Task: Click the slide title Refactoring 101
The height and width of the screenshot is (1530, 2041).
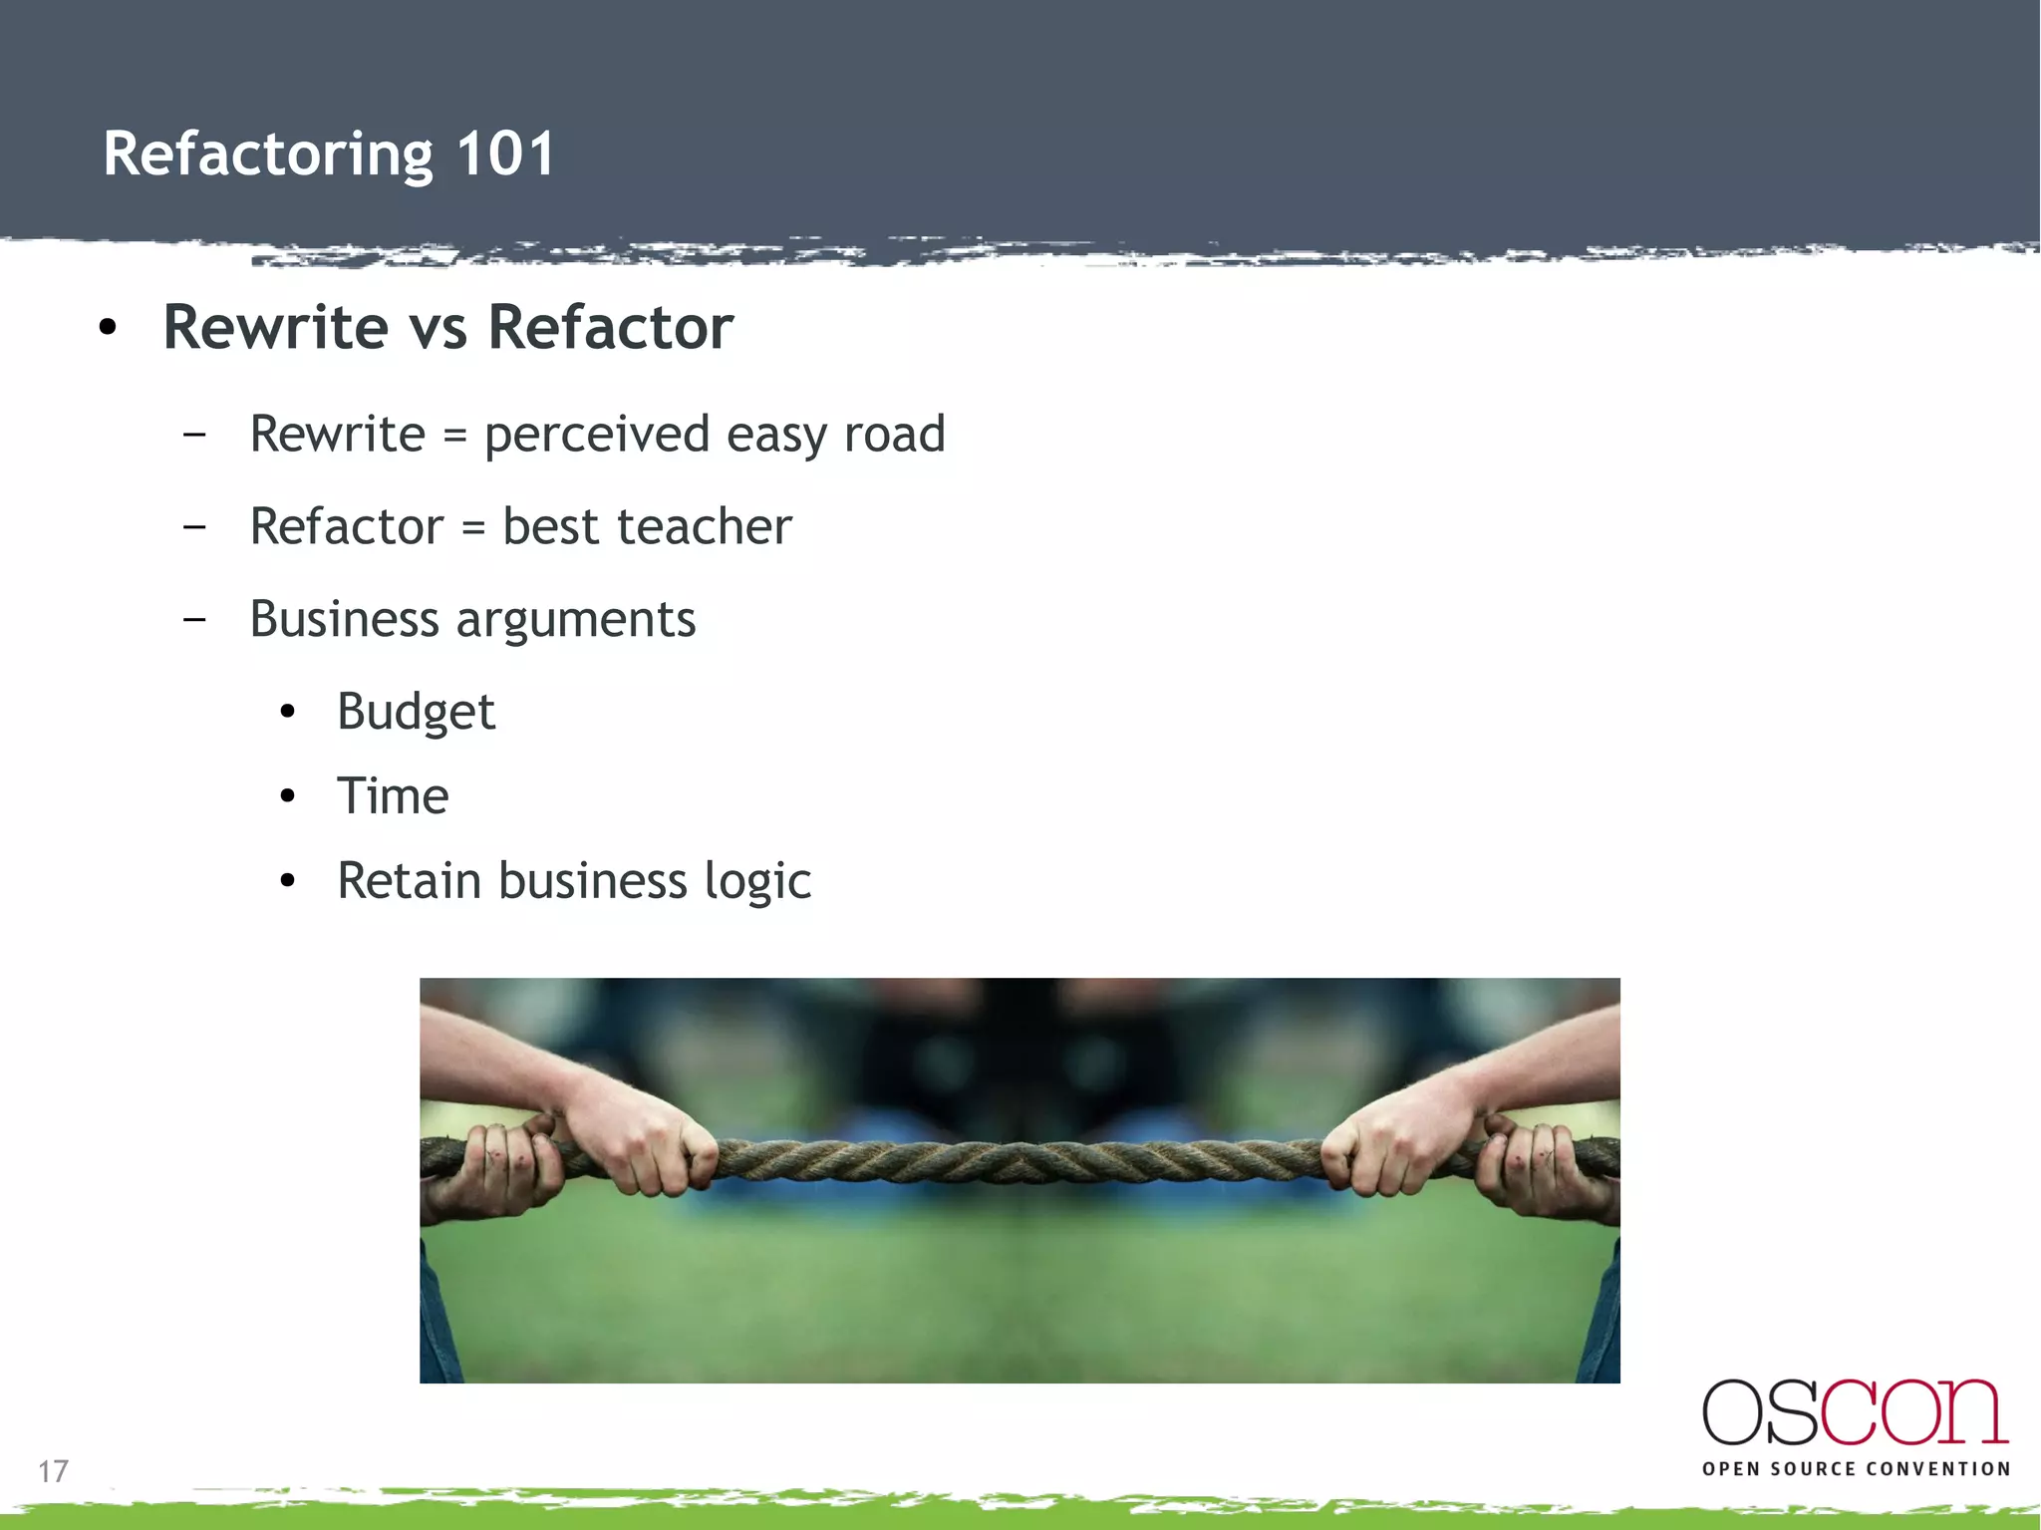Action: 329,154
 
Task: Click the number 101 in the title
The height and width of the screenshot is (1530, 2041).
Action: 505,154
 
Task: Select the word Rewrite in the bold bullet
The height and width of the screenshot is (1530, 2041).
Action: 276,328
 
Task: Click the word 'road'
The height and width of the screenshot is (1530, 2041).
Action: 894,435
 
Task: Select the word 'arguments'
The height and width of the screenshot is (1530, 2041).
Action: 576,620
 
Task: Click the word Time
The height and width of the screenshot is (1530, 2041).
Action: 393,796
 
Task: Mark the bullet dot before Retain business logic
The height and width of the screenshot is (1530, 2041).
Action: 288,881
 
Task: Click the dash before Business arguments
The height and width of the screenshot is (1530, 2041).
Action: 195,619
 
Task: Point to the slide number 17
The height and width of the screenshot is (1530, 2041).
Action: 53,1471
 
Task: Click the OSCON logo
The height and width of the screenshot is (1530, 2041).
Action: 1855,1412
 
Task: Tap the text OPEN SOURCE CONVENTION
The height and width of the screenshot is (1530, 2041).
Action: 1856,1469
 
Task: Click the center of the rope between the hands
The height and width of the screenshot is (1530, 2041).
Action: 1020,1161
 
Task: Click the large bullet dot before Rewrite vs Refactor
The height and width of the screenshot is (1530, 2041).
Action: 109,328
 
